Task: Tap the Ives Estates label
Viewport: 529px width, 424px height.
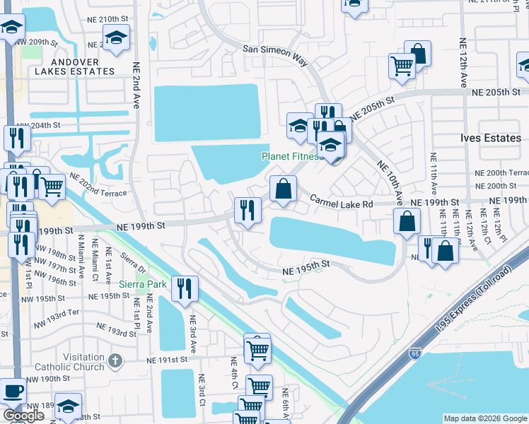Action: pyautogui.click(x=489, y=138)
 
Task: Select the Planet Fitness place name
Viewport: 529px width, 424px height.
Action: pyautogui.click(x=292, y=156)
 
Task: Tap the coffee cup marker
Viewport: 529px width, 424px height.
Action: pyautogui.click(x=14, y=390)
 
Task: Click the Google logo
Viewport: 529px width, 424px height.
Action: pyautogui.click(x=23, y=416)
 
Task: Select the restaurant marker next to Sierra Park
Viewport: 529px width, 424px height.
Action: pyautogui.click(x=185, y=287)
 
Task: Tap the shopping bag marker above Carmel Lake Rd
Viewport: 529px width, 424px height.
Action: pyautogui.click(x=283, y=189)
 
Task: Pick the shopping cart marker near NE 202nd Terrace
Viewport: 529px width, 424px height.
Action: pyautogui.click(x=52, y=187)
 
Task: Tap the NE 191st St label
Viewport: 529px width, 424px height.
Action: pyautogui.click(x=166, y=360)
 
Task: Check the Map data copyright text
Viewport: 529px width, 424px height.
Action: pyautogui.click(x=484, y=418)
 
